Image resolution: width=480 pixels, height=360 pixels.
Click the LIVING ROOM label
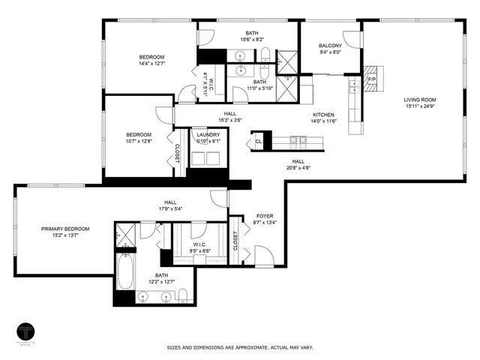pyautogui.click(x=420, y=99)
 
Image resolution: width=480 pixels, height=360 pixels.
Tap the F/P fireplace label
pyautogui.click(x=370, y=77)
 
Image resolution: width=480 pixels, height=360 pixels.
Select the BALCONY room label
pyautogui.click(x=330, y=45)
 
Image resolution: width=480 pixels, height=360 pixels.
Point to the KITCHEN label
pyautogui.click(x=324, y=115)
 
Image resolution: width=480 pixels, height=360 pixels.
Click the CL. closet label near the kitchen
pyautogui.click(x=258, y=141)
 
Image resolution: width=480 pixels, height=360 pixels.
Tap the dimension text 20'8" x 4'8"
pyautogui.click(x=298, y=168)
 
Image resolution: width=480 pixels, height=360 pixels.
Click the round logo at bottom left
pyautogui.click(x=27, y=332)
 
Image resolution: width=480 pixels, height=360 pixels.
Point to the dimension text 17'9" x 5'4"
pyautogui.click(x=170, y=209)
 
